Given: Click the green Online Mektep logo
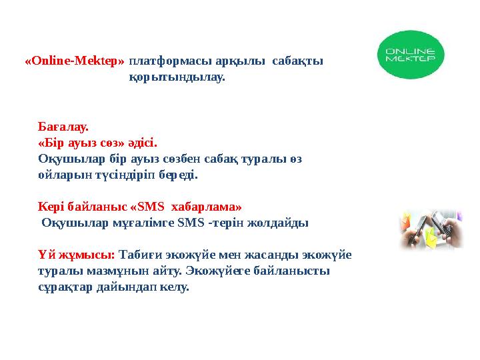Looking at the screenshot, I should (x=407, y=56).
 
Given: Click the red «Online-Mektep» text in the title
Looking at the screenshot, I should (x=75, y=61).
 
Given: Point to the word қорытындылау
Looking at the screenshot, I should (x=177, y=77).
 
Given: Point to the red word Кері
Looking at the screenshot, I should (x=51, y=207).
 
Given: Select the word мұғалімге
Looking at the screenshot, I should (x=143, y=223).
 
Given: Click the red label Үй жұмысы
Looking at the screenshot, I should (x=77, y=255).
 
